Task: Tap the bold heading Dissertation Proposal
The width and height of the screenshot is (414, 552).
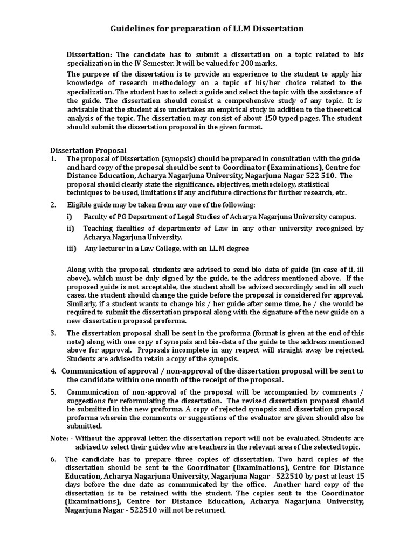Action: pyautogui.click(x=88, y=150)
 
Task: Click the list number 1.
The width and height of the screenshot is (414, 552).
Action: pyautogui.click(x=53, y=159)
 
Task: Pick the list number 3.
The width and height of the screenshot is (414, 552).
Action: pyautogui.click(x=53, y=333)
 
